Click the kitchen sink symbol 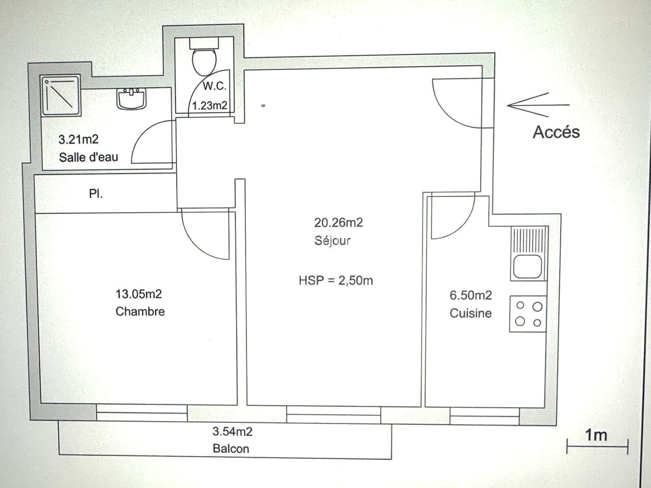(528, 254)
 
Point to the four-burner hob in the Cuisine (528, 314)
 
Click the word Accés (556, 132)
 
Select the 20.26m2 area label (338, 222)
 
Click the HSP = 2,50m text (336, 281)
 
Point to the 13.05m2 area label (139, 294)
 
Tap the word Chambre (140, 312)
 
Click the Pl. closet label (96, 194)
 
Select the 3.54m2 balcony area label (232, 431)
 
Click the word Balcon (231, 449)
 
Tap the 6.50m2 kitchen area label (471, 295)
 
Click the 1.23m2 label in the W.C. (209, 106)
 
